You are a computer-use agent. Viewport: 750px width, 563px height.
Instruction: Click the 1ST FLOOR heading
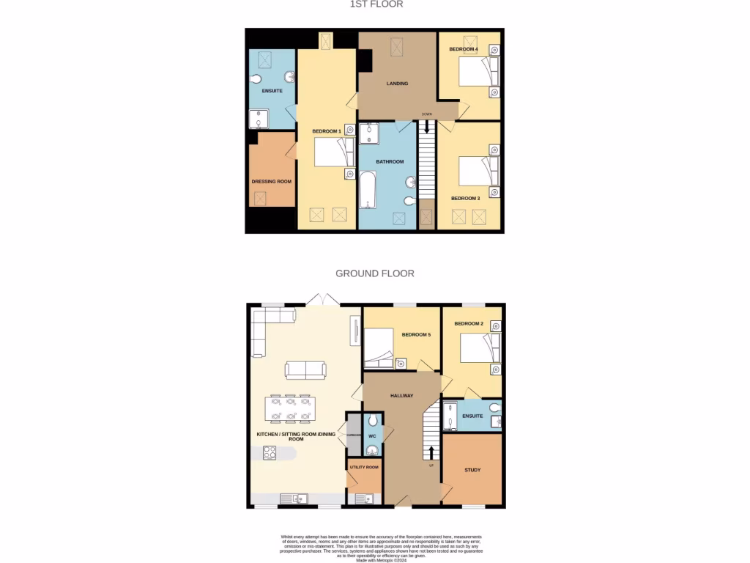tap(375, 4)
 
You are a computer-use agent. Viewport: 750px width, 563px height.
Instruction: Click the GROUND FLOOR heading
tap(375, 273)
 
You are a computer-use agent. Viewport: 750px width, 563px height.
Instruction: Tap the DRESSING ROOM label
tap(272, 181)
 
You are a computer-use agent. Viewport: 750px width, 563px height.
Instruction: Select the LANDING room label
tap(397, 84)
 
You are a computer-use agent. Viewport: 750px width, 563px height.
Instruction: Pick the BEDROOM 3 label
tap(465, 199)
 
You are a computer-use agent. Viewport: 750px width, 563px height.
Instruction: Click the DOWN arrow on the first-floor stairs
tap(426, 126)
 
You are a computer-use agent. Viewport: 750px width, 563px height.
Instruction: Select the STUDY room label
tap(472, 470)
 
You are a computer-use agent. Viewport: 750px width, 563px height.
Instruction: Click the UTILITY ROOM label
tap(364, 467)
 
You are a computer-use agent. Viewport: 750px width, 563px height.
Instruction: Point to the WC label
tap(371, 436)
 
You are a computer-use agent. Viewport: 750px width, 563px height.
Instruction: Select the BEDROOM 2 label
tap(469, 323)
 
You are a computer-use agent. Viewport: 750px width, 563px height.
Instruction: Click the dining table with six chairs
tap(290, 409)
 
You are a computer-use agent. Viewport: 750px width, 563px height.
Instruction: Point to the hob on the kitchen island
tap(270, 453)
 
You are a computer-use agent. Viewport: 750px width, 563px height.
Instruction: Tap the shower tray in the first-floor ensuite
tap(259, 119)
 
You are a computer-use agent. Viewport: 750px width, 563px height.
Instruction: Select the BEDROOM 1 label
tap(327, 131)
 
